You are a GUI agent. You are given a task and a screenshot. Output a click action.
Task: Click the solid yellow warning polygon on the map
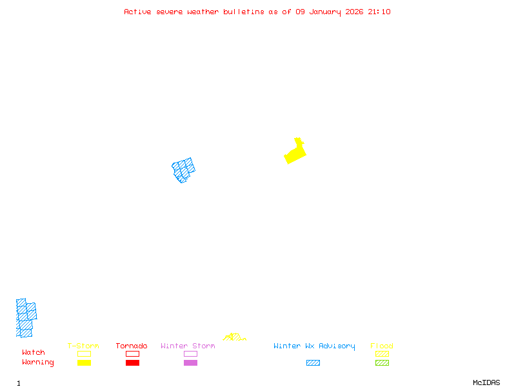pos(295,154)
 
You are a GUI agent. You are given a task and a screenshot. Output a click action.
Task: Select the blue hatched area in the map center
pos(184,170)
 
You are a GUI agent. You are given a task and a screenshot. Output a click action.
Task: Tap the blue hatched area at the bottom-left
pos(26,318)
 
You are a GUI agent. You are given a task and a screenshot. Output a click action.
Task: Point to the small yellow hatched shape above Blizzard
pos(234,337)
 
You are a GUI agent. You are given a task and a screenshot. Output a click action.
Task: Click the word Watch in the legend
pos(34,353)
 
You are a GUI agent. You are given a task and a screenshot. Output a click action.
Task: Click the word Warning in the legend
pos(38,362)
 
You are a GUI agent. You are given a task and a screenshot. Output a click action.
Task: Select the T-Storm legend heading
pos(83,346)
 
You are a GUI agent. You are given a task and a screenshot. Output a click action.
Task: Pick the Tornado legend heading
pos(132,346)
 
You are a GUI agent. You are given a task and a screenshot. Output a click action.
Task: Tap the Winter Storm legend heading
pos(188,346)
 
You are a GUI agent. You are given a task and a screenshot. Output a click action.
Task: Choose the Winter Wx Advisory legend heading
pos(314,346)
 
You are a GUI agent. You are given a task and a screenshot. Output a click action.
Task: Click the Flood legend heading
pos(382,346)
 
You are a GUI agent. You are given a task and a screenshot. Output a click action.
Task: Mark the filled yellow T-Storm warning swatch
pos(84,363)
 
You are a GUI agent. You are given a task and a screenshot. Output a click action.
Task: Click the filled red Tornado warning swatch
pos(132,363)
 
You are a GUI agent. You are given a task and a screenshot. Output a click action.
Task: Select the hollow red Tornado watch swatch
pos(132,353)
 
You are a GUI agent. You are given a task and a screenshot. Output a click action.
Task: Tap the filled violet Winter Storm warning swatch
pos(190,363)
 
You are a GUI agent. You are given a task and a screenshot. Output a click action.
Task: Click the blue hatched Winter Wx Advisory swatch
pos(313,363)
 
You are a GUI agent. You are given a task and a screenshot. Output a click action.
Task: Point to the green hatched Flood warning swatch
pos(382,363)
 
